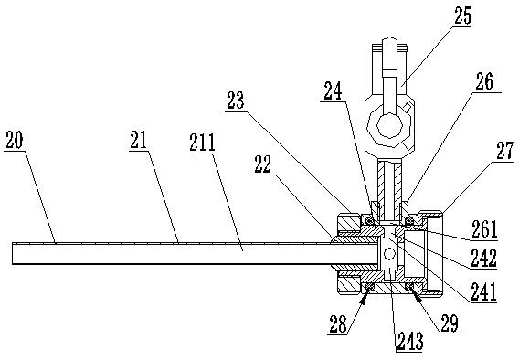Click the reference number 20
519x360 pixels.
[x=15, y=140]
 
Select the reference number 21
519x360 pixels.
[x=138, y=140]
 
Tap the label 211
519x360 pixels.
[x=202, y=143]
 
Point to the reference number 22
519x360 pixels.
[x=262, y=164]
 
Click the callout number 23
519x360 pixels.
[x=236, y=101]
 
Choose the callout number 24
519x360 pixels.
[x=333, y=91]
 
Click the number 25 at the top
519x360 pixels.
[x=462, y=16]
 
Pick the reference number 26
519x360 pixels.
[x=484, y=81]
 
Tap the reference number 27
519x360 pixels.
[x=505, y=151]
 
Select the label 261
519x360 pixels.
[x=484, y=229]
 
